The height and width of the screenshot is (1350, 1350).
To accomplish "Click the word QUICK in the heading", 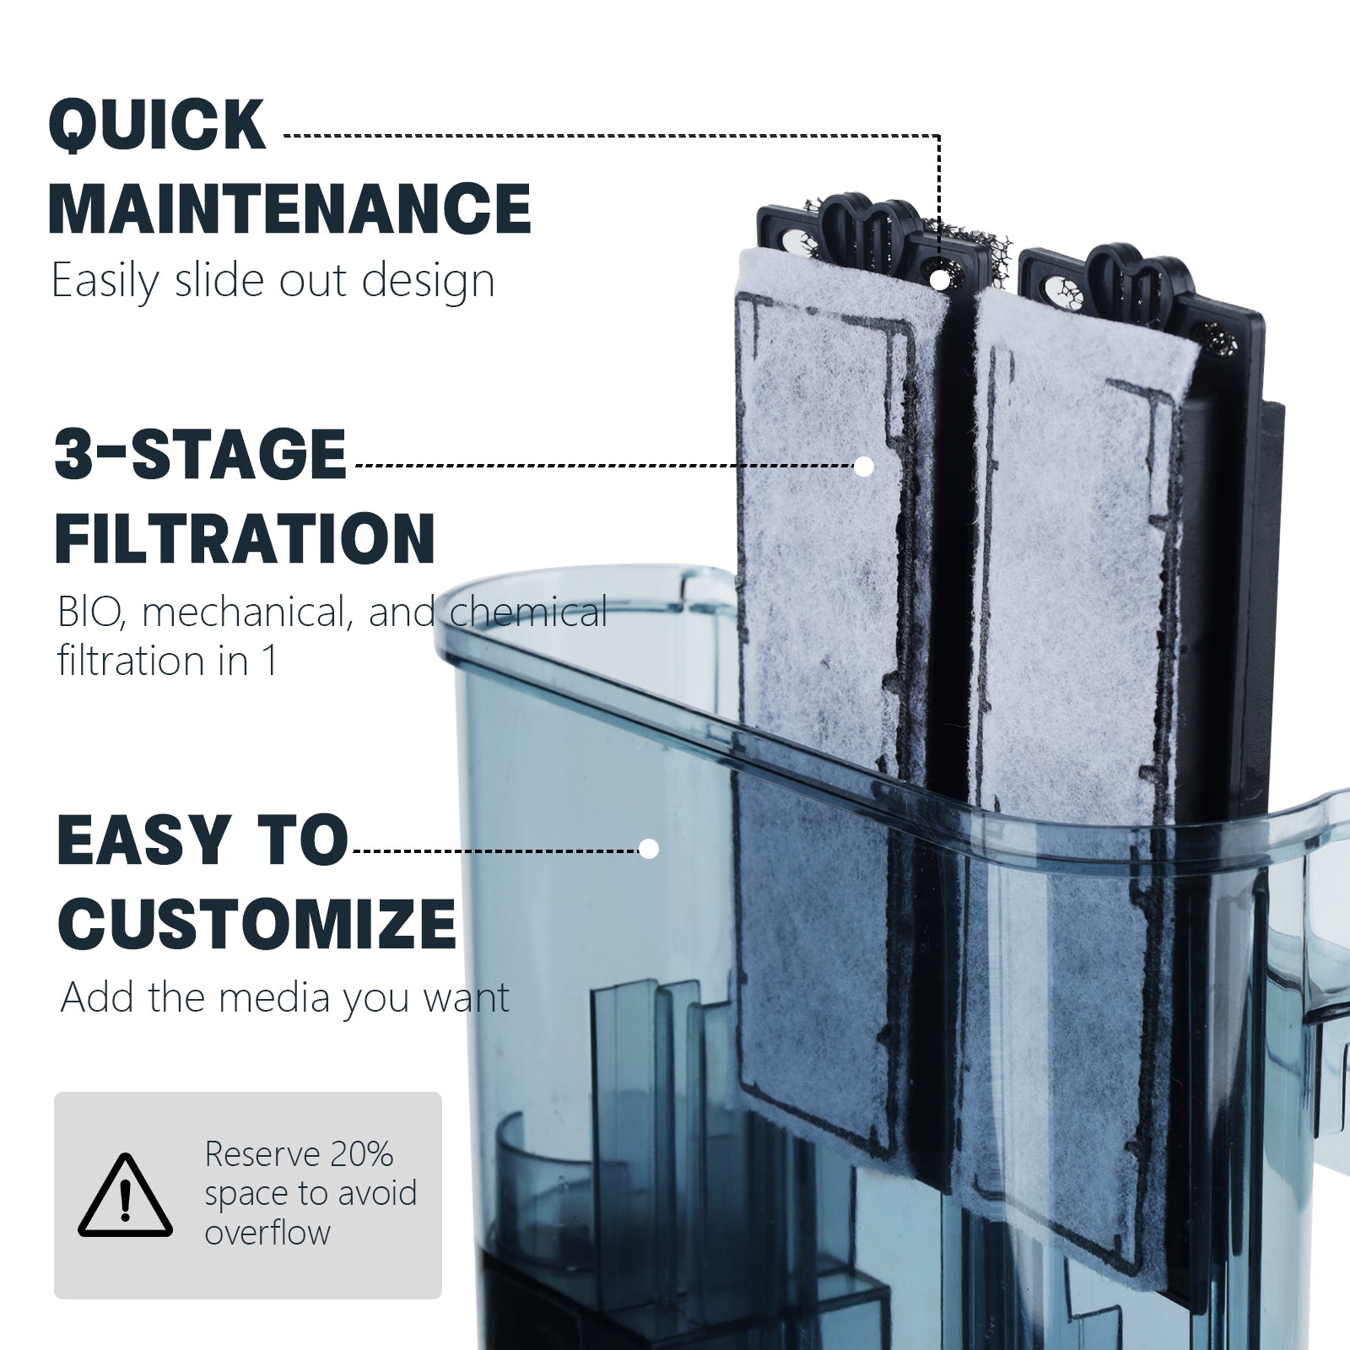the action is (x=158, y=126).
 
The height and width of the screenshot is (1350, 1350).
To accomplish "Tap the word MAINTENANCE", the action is (x=290, y=208).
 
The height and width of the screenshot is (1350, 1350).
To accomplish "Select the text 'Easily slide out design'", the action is (x=273, y=281).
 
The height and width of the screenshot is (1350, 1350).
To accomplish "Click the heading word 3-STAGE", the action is (x=201, y=454).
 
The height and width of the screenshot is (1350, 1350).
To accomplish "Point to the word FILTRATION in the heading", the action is (x=246, y=537).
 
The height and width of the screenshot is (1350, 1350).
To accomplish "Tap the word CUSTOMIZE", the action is (x=257, y=923).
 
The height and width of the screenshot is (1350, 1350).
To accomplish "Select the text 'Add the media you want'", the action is (x=285, y=998).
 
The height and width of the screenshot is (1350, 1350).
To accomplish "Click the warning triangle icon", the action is (x=126, y=1195).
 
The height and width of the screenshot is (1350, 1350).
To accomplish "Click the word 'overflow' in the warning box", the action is (x=267, y=1233).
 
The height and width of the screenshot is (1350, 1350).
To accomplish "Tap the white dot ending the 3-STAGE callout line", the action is (x=863, y=466).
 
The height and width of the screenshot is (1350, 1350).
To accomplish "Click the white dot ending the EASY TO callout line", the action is (x=649, y=849).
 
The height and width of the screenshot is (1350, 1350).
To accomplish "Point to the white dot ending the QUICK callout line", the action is (x=938, y=276).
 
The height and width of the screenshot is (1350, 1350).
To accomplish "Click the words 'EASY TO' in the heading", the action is (x=202, y=840).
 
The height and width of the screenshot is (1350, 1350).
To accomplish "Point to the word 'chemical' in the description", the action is (x=528, y=613).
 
